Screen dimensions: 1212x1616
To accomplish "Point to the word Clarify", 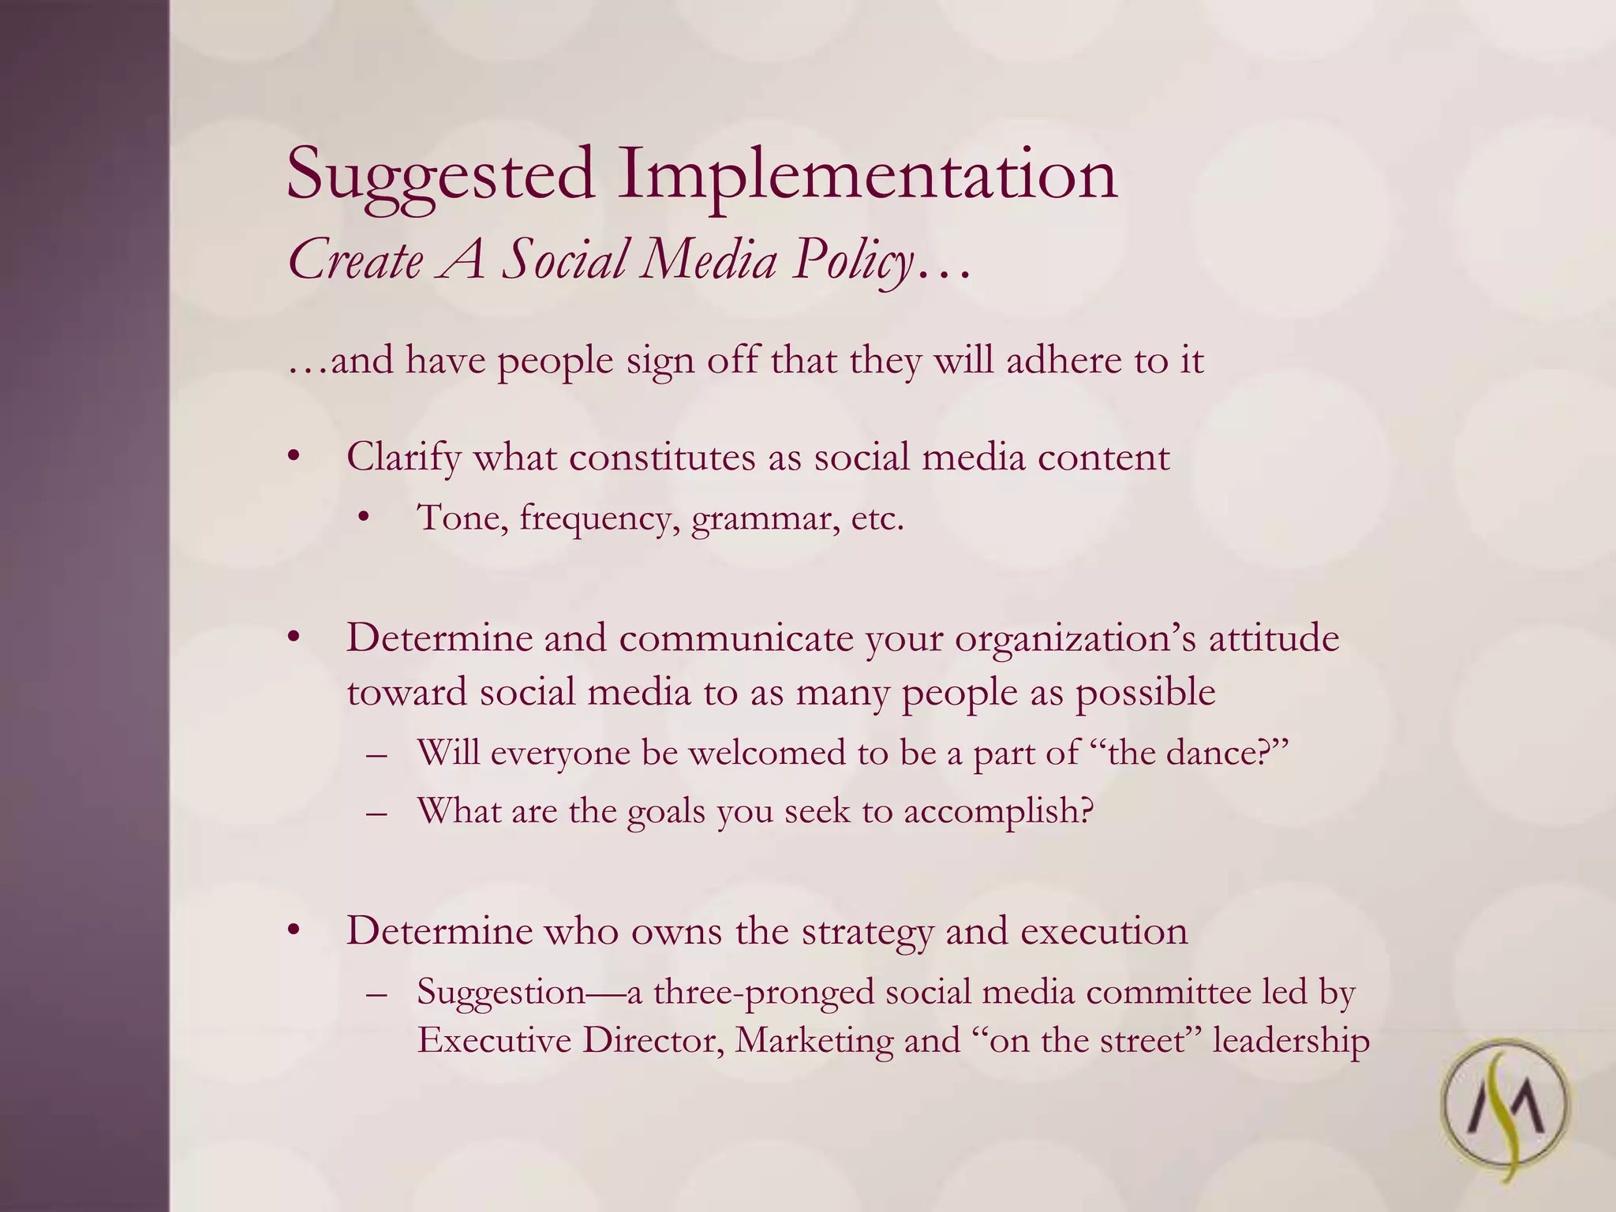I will (x=403, y=458).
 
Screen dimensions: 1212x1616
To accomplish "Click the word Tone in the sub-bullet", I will (x=462, y=518).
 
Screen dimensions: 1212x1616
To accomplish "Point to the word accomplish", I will (x=999, y=812).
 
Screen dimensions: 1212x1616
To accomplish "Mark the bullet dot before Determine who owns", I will (x=294, y=931).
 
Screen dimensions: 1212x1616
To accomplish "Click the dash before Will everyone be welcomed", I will (x=377, y=754).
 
